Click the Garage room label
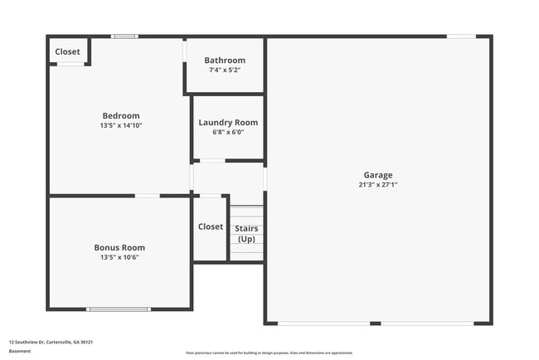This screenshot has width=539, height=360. click(x=377, y=175)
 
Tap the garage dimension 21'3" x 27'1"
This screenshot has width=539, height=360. click(x=377, y=185)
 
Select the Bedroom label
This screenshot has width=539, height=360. click(x=120, y=115)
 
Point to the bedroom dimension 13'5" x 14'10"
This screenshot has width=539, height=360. click(x=120, y=125)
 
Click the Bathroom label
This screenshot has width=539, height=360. click(x=225, y=60)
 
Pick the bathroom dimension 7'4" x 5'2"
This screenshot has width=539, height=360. click(x=225, y=70)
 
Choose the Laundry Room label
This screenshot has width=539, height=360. click(x=228, y=123)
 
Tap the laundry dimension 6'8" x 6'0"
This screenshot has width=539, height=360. click(x=228, y=132)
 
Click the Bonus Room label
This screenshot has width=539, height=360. click(x=119, y=247)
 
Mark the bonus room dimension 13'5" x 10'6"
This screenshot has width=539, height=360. click(x=119, y=257)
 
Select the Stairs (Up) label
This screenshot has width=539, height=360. click(x=246, y=233)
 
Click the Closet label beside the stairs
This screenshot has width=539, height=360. click(x=211, y=226)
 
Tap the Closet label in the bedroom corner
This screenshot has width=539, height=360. click(x=68, y=51)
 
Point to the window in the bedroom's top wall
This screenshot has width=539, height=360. click(x=125, y=36)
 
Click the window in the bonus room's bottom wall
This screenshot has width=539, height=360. click(x=119, y=309)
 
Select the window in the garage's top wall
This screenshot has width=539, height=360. click(x=461, y=36)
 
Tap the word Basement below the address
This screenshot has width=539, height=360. click(x=19, y=351)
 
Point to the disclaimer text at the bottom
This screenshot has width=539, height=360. click(x=269, y=353)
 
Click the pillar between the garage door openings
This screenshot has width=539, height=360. click(x=375, y=323)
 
